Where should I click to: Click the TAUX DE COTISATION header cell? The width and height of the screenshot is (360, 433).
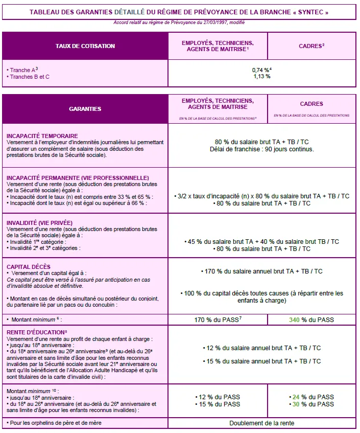85,46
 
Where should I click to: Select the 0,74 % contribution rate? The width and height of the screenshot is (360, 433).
260,70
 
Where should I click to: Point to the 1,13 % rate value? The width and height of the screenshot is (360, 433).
261,76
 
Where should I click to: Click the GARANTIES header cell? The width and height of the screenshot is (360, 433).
85,109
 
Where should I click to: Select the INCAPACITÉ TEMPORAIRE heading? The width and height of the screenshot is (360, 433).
42,136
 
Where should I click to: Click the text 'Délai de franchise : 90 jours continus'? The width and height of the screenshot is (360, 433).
261,149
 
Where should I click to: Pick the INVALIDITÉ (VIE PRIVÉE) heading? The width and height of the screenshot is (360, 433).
39,223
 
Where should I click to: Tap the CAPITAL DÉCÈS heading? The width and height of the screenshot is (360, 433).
28,267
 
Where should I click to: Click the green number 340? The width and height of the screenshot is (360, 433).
295,320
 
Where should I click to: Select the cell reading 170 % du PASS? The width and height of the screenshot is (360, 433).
218,320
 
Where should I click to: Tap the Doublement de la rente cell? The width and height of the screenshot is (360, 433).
261,423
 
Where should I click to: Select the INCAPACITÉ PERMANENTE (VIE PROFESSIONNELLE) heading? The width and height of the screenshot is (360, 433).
78,178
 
